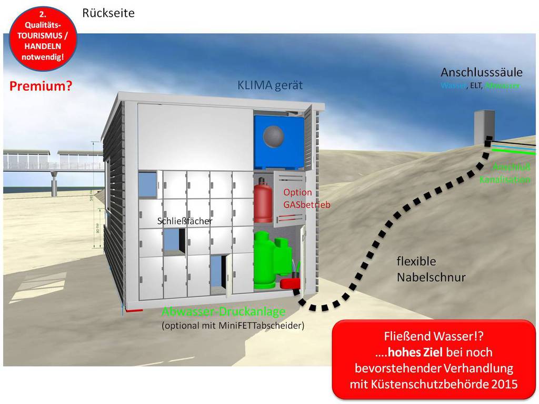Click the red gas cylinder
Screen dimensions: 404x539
(263, 201)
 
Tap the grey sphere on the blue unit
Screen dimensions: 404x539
(273, 136)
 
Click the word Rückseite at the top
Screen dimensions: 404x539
(108, 13)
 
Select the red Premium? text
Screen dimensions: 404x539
(41, 86)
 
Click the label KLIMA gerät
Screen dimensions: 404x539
(270, 85)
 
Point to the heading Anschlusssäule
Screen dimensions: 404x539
(481, 72)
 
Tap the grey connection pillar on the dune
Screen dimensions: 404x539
(484, 126)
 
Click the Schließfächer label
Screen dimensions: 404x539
(185, 221)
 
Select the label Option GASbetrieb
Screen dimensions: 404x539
(306, 199)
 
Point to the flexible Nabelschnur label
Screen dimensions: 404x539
(431, 269)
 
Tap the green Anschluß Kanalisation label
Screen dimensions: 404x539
(505, 173)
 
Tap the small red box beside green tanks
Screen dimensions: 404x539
(290, 283)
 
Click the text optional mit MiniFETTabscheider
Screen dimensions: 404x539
(233, 326)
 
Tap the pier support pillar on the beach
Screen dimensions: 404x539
(54, 185)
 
